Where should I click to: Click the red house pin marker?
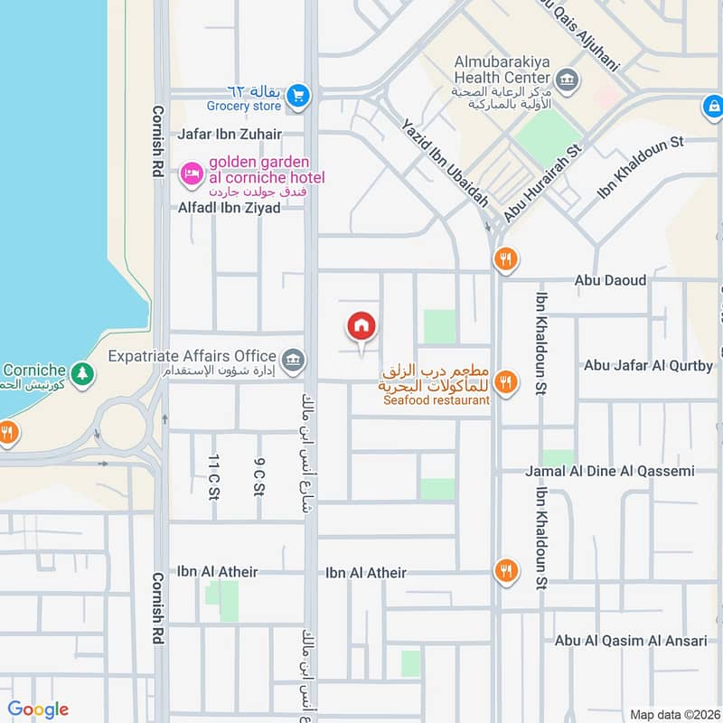click(x=361, y=326)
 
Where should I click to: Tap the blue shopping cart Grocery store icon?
click(x=299, y=94)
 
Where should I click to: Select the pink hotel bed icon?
click(x=191, y=172)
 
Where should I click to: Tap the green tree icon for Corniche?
click(x=82, y=372)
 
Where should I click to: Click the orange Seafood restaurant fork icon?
click(x=506, y=382)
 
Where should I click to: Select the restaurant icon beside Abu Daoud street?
click(x=505, y=261)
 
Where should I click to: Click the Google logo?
click(x=38, y=709)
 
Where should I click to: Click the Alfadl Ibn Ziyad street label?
click(x=229, y=207)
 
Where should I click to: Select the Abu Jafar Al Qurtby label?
click(x=648, y=366)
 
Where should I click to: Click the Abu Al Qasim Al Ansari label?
click(x=631, y=640)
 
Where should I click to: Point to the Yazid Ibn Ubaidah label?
click(x=445, y=164)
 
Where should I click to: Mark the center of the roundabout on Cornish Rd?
click(x=124, y=426)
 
